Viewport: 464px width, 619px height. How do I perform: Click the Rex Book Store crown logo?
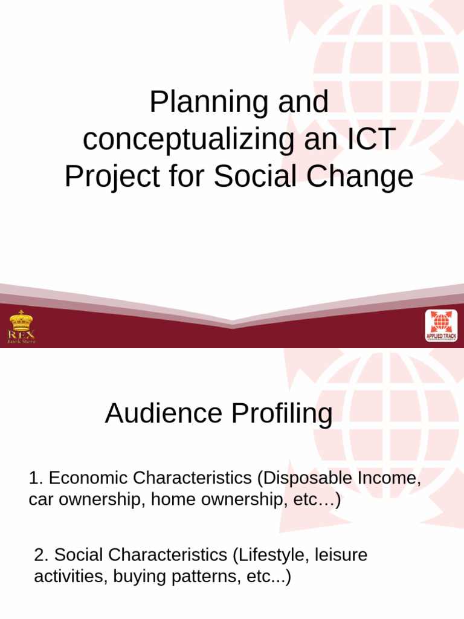coord(21,326)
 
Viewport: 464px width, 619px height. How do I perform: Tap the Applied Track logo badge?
coord(441,326)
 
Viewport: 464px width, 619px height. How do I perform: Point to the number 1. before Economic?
coord(36,478)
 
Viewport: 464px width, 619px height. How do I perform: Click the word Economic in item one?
coord(88,478)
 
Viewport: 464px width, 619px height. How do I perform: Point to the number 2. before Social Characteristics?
coord(41,555)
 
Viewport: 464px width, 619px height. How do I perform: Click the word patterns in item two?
coord(204,577)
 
